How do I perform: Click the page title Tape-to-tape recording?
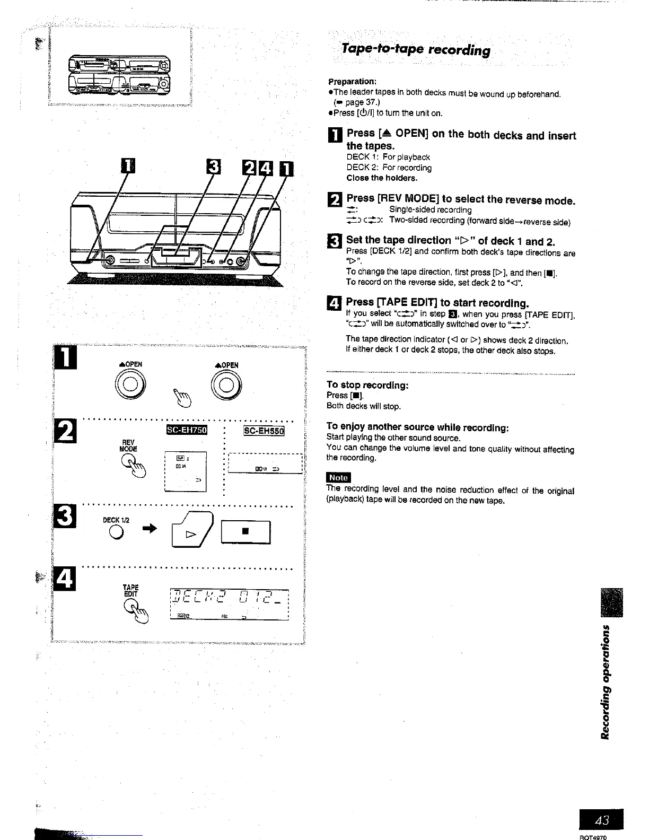point(416,50)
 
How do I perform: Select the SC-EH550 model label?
point(264,431)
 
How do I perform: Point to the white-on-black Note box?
point(338,477)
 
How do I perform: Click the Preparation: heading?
point(352,82)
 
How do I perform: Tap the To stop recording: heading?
point(367,384)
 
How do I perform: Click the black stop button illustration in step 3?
point(245,532)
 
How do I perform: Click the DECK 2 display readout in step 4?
point(229,600)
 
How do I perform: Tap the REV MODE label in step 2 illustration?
point(129,445)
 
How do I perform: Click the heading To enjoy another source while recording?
point(418,427)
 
